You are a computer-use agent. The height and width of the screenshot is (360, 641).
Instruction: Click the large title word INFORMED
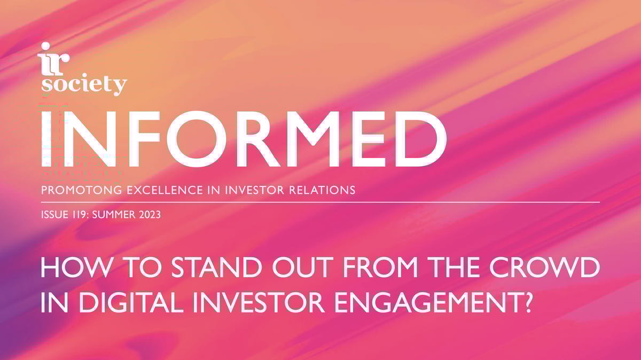pos(244,139)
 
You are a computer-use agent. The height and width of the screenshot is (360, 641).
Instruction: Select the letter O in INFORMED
pos(200,139)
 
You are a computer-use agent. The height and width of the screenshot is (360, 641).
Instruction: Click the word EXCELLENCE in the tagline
pos(165,190)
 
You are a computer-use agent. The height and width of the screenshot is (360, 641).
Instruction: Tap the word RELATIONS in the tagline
pos(322,190)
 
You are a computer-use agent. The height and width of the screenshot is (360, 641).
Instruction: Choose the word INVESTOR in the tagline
pos(255,190)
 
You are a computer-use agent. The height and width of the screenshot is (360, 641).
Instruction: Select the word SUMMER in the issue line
pos(114,215)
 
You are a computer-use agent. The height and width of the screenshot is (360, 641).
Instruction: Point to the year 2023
pos(150,215)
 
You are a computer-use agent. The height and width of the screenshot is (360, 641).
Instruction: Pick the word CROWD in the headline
pos(544,267)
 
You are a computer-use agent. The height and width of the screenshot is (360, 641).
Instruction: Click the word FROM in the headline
pos(380,267)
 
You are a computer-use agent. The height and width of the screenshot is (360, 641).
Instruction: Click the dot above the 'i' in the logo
pos(46,46)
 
